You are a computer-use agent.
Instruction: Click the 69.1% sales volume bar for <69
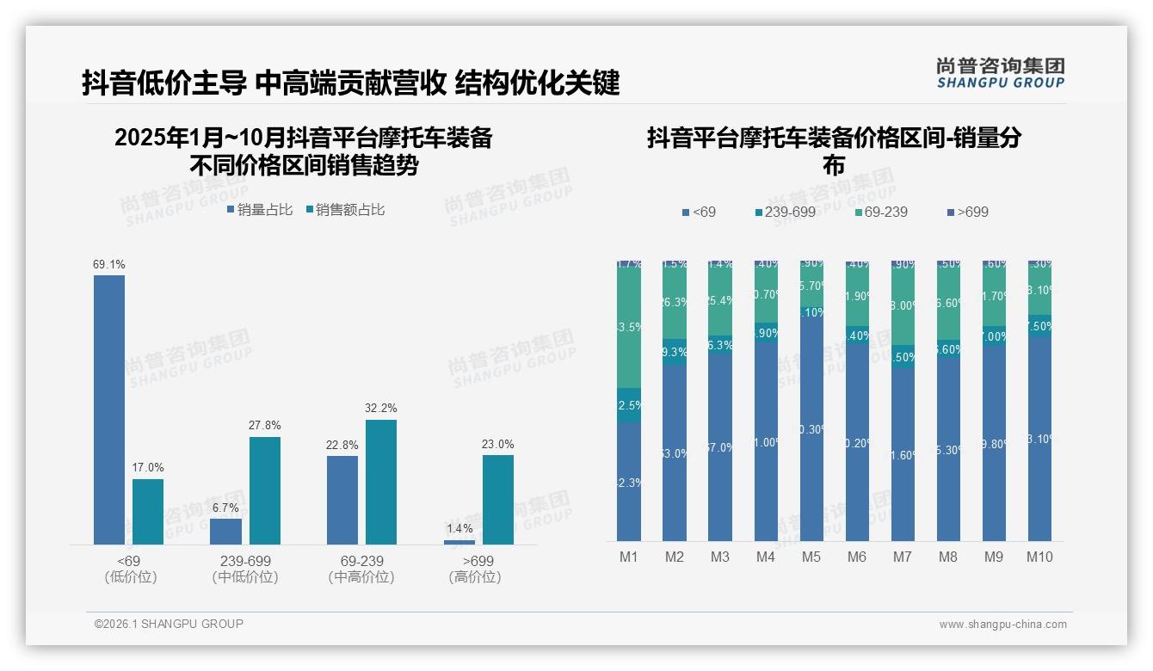tap(109, 409)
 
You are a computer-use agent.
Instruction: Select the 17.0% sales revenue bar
tap(148, 511)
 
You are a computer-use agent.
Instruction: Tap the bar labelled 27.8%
tap(265, 490)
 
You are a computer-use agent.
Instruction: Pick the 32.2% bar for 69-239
tap(381, 482)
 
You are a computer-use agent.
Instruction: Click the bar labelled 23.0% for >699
tap(497, 500)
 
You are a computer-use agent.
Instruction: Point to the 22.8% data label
tap(342, 445)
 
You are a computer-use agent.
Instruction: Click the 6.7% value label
tap(225, 508)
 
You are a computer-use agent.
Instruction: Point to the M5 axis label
tap(811, 557)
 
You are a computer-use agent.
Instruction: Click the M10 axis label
tap(1039, 557)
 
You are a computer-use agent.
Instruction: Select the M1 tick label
tap(629, 557)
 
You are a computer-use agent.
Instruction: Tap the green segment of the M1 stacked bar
tap(629, 327)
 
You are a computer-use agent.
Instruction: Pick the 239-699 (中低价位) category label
tap(245, 569)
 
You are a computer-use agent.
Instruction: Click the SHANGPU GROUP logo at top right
tap(1000, 73)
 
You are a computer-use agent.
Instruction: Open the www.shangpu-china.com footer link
tap(1002, 625)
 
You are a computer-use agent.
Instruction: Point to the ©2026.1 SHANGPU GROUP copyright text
tap(169, 624)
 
